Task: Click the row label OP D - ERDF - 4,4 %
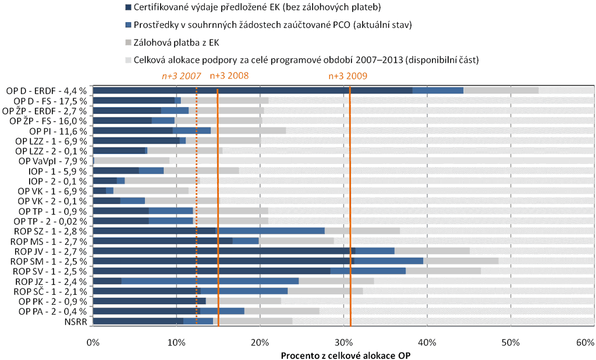[x=47, y=90]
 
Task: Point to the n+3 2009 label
[x=348, y=76]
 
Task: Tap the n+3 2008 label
[x=229, y=76]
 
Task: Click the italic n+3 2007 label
[x=182, y=76]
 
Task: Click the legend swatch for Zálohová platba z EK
[x=128, y=42]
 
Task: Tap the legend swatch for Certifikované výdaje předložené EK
[x=128, y=8]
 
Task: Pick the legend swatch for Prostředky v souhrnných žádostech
[x=128, y=25]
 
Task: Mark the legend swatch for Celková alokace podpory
[x=128, y=59]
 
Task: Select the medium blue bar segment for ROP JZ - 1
[x=210, y=281]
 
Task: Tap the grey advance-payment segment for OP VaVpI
[x=132, y=161]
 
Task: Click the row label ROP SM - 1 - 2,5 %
[x=50, y=261]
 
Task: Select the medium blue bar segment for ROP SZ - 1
[x=270, y=231]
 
